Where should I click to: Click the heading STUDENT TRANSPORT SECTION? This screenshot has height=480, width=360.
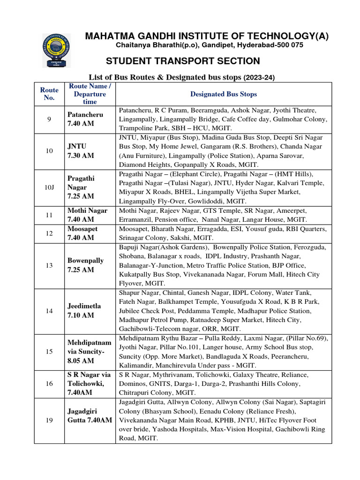coord(183,61)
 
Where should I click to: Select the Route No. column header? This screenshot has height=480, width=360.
coord(49,94)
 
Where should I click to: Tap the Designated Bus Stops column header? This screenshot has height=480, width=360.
coord(223,94)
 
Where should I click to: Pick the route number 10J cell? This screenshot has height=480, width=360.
coord(49,187)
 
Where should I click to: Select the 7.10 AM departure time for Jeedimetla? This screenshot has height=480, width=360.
coord(81,315)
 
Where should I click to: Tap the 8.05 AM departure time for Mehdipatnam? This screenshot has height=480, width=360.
coord(81,361)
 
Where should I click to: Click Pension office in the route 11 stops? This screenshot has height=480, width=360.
coord(180,219)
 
